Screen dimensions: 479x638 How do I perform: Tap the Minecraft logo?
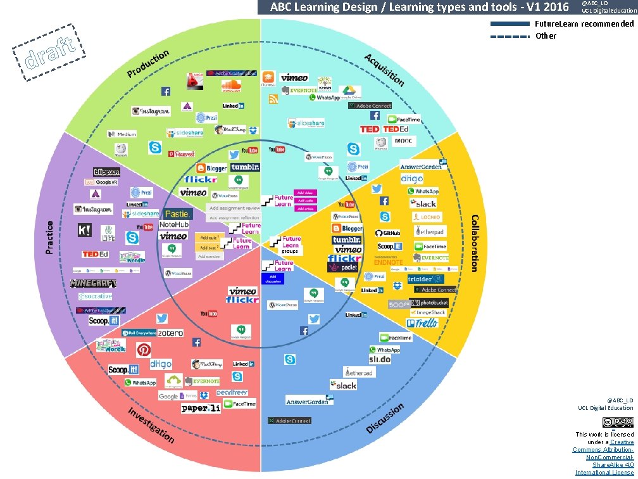[94, 283]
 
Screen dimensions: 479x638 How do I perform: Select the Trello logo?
[423, 323]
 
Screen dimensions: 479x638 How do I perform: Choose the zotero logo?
[170, 333]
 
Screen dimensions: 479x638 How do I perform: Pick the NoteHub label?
[174, 224]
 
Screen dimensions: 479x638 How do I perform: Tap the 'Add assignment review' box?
[235, 208]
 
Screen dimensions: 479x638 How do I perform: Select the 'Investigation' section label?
[151, 425]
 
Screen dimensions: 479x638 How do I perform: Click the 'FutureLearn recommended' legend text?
[584, 24]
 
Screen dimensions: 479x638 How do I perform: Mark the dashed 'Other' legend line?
[510, 36]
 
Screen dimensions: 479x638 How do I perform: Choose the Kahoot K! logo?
[84, 230]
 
